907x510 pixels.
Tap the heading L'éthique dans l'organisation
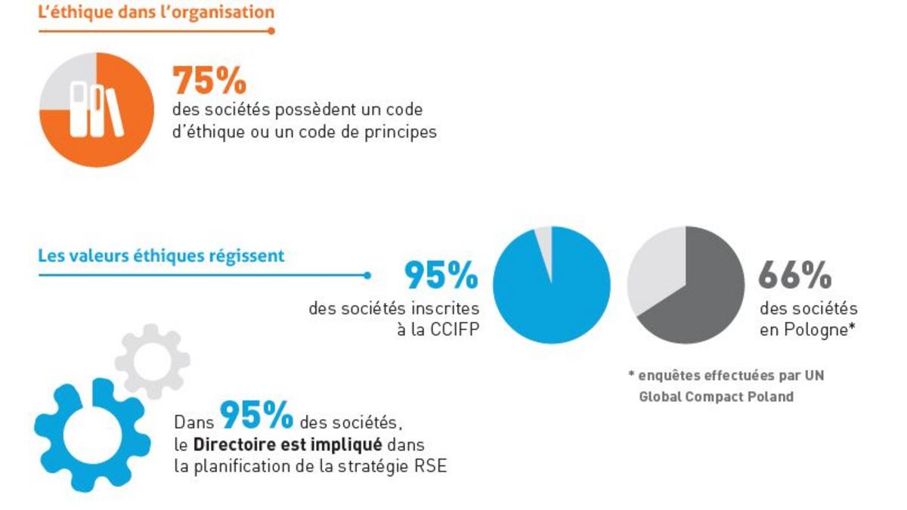click(x=156, y=12)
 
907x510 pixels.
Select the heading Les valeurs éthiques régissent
click(x=161, y=255)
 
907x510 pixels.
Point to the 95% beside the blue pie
click(x=441, y=276)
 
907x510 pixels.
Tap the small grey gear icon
click(x=153, y=360)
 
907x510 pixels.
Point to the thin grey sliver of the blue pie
click(x=544, y=240)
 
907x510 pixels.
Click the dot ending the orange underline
click(x=271, y=31)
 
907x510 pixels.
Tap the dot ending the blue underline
click(x=367, y=275)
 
